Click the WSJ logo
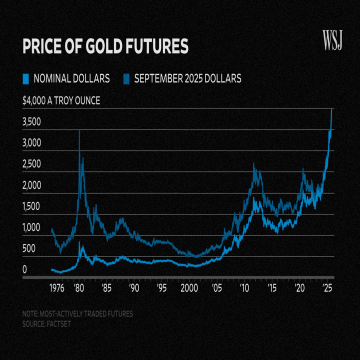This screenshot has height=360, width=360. point(331,40)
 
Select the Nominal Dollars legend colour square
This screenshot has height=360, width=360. point(26,78)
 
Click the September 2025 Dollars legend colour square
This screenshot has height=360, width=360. point(126,78)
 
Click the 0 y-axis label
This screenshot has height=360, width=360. point(24,270)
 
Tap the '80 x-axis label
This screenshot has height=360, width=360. point(78,288)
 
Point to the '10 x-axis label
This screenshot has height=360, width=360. point(245,288)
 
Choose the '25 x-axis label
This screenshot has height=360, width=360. point(328,288)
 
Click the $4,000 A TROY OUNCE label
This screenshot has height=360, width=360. point(61,101)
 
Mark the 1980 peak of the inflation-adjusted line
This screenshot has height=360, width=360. point(79,131)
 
